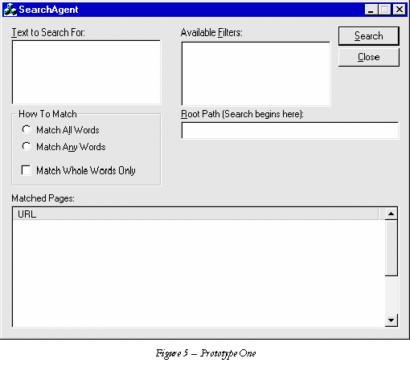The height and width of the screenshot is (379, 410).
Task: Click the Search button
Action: tap(369, 36)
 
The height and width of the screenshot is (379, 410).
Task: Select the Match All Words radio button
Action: tap(27, 129)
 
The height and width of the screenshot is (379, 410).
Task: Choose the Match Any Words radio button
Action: tap(27, 146)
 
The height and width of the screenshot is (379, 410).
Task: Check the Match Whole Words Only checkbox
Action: tap(26, 170)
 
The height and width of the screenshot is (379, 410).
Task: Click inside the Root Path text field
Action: tap(290, 130)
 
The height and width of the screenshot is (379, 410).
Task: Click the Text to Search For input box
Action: tap(86, 72)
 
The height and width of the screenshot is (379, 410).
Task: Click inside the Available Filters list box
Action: tap(256, 74)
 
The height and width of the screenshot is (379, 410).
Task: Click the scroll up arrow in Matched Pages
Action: tap(392, 214)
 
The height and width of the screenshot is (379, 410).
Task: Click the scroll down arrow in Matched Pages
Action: tap(392, 320)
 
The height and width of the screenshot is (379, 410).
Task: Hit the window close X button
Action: tap(400, 10)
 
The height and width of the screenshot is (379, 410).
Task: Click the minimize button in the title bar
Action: tap(371, 10)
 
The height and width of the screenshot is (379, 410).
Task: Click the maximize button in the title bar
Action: tap(384, 10)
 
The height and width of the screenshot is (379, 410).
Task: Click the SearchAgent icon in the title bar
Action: tap(10, 10)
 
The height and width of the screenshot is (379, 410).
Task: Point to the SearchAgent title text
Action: tap(48, 10)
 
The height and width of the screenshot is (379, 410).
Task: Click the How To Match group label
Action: tap(47, 114)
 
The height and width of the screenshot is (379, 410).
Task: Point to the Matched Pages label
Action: tap(43, 198)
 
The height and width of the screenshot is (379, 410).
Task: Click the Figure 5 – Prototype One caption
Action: tap(206, 353)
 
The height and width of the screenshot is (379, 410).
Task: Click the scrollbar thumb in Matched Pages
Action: tap(392, 248)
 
